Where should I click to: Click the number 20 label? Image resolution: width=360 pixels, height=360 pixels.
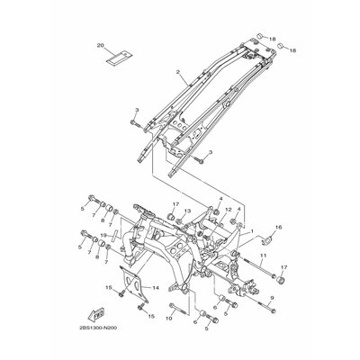point(101,44)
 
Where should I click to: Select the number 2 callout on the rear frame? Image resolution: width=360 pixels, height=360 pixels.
point(179,71)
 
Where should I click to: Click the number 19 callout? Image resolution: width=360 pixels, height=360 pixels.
point(104,260)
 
